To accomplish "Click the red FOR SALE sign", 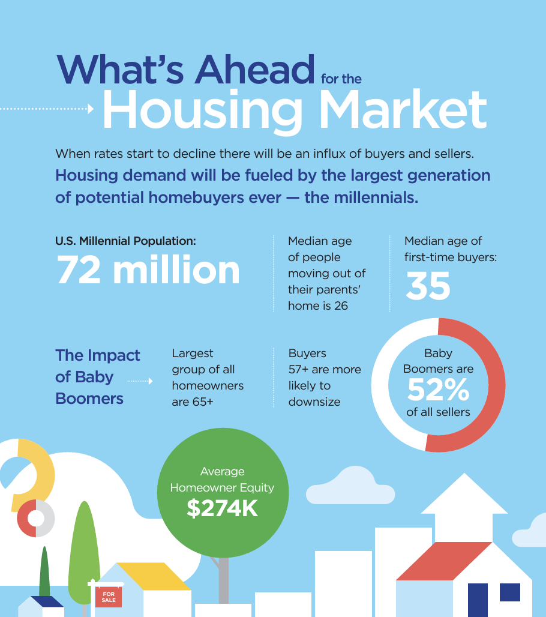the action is (109, 597).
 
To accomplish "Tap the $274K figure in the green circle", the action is (222, 508).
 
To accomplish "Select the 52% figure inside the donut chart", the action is (438, 390).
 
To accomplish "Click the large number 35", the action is (428, 286).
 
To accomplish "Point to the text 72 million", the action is (148, 269).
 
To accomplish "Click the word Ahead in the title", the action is (255, 69).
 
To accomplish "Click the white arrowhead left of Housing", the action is (91, 109).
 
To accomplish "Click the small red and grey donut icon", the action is (36, 518).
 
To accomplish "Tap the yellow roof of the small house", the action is (154, 576).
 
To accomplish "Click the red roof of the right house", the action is (445, 561).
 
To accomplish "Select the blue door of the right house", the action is (478, 600).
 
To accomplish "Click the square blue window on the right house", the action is (510, 592).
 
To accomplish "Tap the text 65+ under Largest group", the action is (203, 402).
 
